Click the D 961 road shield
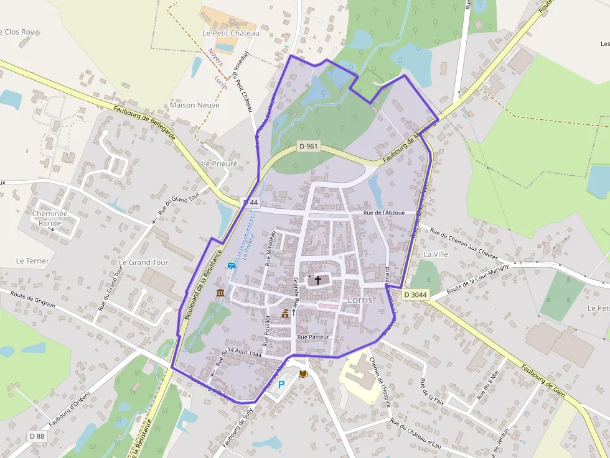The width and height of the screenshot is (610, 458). (x=308, y=147)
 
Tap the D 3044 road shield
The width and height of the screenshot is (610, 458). (x=415, y=295)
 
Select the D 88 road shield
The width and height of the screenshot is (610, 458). (x=37, y=436)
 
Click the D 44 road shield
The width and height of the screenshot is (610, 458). (x=250, y=203)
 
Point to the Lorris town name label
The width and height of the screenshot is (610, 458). (x=360, y=299)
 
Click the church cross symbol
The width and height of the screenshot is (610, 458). (x=319, y=280)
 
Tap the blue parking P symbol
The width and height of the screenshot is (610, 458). (x=281, y=385)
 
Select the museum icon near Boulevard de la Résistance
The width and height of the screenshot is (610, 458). (x=220, y=293)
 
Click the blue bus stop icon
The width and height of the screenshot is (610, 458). (x=232, y=265)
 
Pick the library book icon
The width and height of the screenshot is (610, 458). (x=303, y=373)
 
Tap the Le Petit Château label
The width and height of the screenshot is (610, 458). (x=231, y=33)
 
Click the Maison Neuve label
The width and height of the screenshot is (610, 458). (x=195, y=105)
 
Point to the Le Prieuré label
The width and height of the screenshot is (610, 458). (x=220, y=163)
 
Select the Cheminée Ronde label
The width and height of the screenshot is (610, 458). (x=50, y=218)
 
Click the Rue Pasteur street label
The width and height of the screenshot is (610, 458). (x=312, y=337)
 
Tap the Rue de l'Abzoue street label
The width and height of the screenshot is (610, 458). (x=384, y=213)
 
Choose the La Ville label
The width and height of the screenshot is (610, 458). (x=436, y=254)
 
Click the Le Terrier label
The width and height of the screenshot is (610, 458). (x=32, y=261)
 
